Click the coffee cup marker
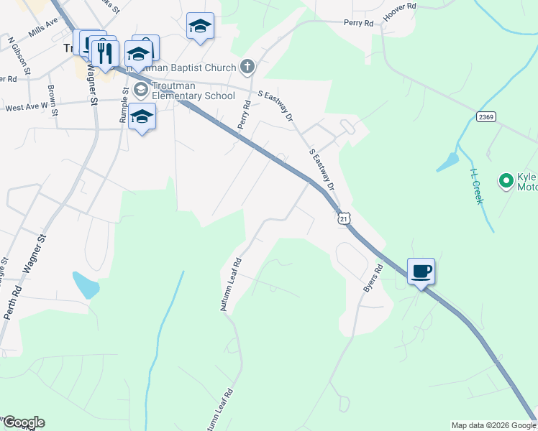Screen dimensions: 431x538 [421, 272]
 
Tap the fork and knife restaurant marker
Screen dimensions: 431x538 [104, 52]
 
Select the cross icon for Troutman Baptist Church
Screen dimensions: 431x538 [247, 68]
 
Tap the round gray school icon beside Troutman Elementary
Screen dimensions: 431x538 [140, 89]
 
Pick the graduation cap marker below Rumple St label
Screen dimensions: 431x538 [142, 117]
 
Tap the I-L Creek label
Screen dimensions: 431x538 [476, 186]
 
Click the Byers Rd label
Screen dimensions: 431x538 [373, 277]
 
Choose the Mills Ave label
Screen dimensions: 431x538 [43, 28]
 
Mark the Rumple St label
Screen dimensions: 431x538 [124, 105]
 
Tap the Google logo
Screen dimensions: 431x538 [23, 422]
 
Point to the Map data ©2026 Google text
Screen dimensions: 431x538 [493, 425]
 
